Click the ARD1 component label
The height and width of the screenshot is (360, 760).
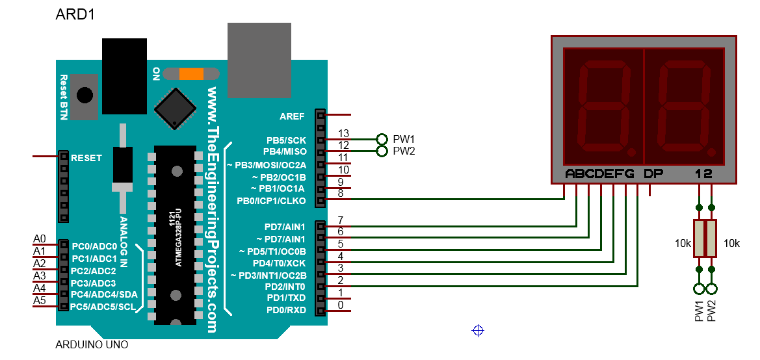click(x=76, y=14)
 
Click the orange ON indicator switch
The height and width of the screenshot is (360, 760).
click(x=191, y=74)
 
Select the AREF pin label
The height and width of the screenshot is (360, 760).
click(x=292, y=116)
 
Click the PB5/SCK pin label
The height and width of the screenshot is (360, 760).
click(x=286, y=140)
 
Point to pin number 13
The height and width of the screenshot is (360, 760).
click(x=344, y=134)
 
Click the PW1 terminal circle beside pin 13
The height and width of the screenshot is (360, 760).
click(x=382, y=139)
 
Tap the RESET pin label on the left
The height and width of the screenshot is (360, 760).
click(x=86, y=158)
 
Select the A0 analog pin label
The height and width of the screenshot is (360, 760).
click(x=40, y=239)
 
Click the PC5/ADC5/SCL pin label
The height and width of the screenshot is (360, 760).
click(x=103, y=306)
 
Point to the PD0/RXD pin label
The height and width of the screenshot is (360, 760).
click(x=285, y=310)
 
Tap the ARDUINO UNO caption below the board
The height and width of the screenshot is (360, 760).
click(x=92, y=344)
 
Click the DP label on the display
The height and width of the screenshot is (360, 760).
click(x=654, y=174)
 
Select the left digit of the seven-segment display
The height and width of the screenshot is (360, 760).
click(x=603, y=107)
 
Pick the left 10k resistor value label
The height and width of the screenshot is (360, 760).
click(x=683, y=244)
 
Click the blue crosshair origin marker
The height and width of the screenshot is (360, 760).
click(x=478, y=331)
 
